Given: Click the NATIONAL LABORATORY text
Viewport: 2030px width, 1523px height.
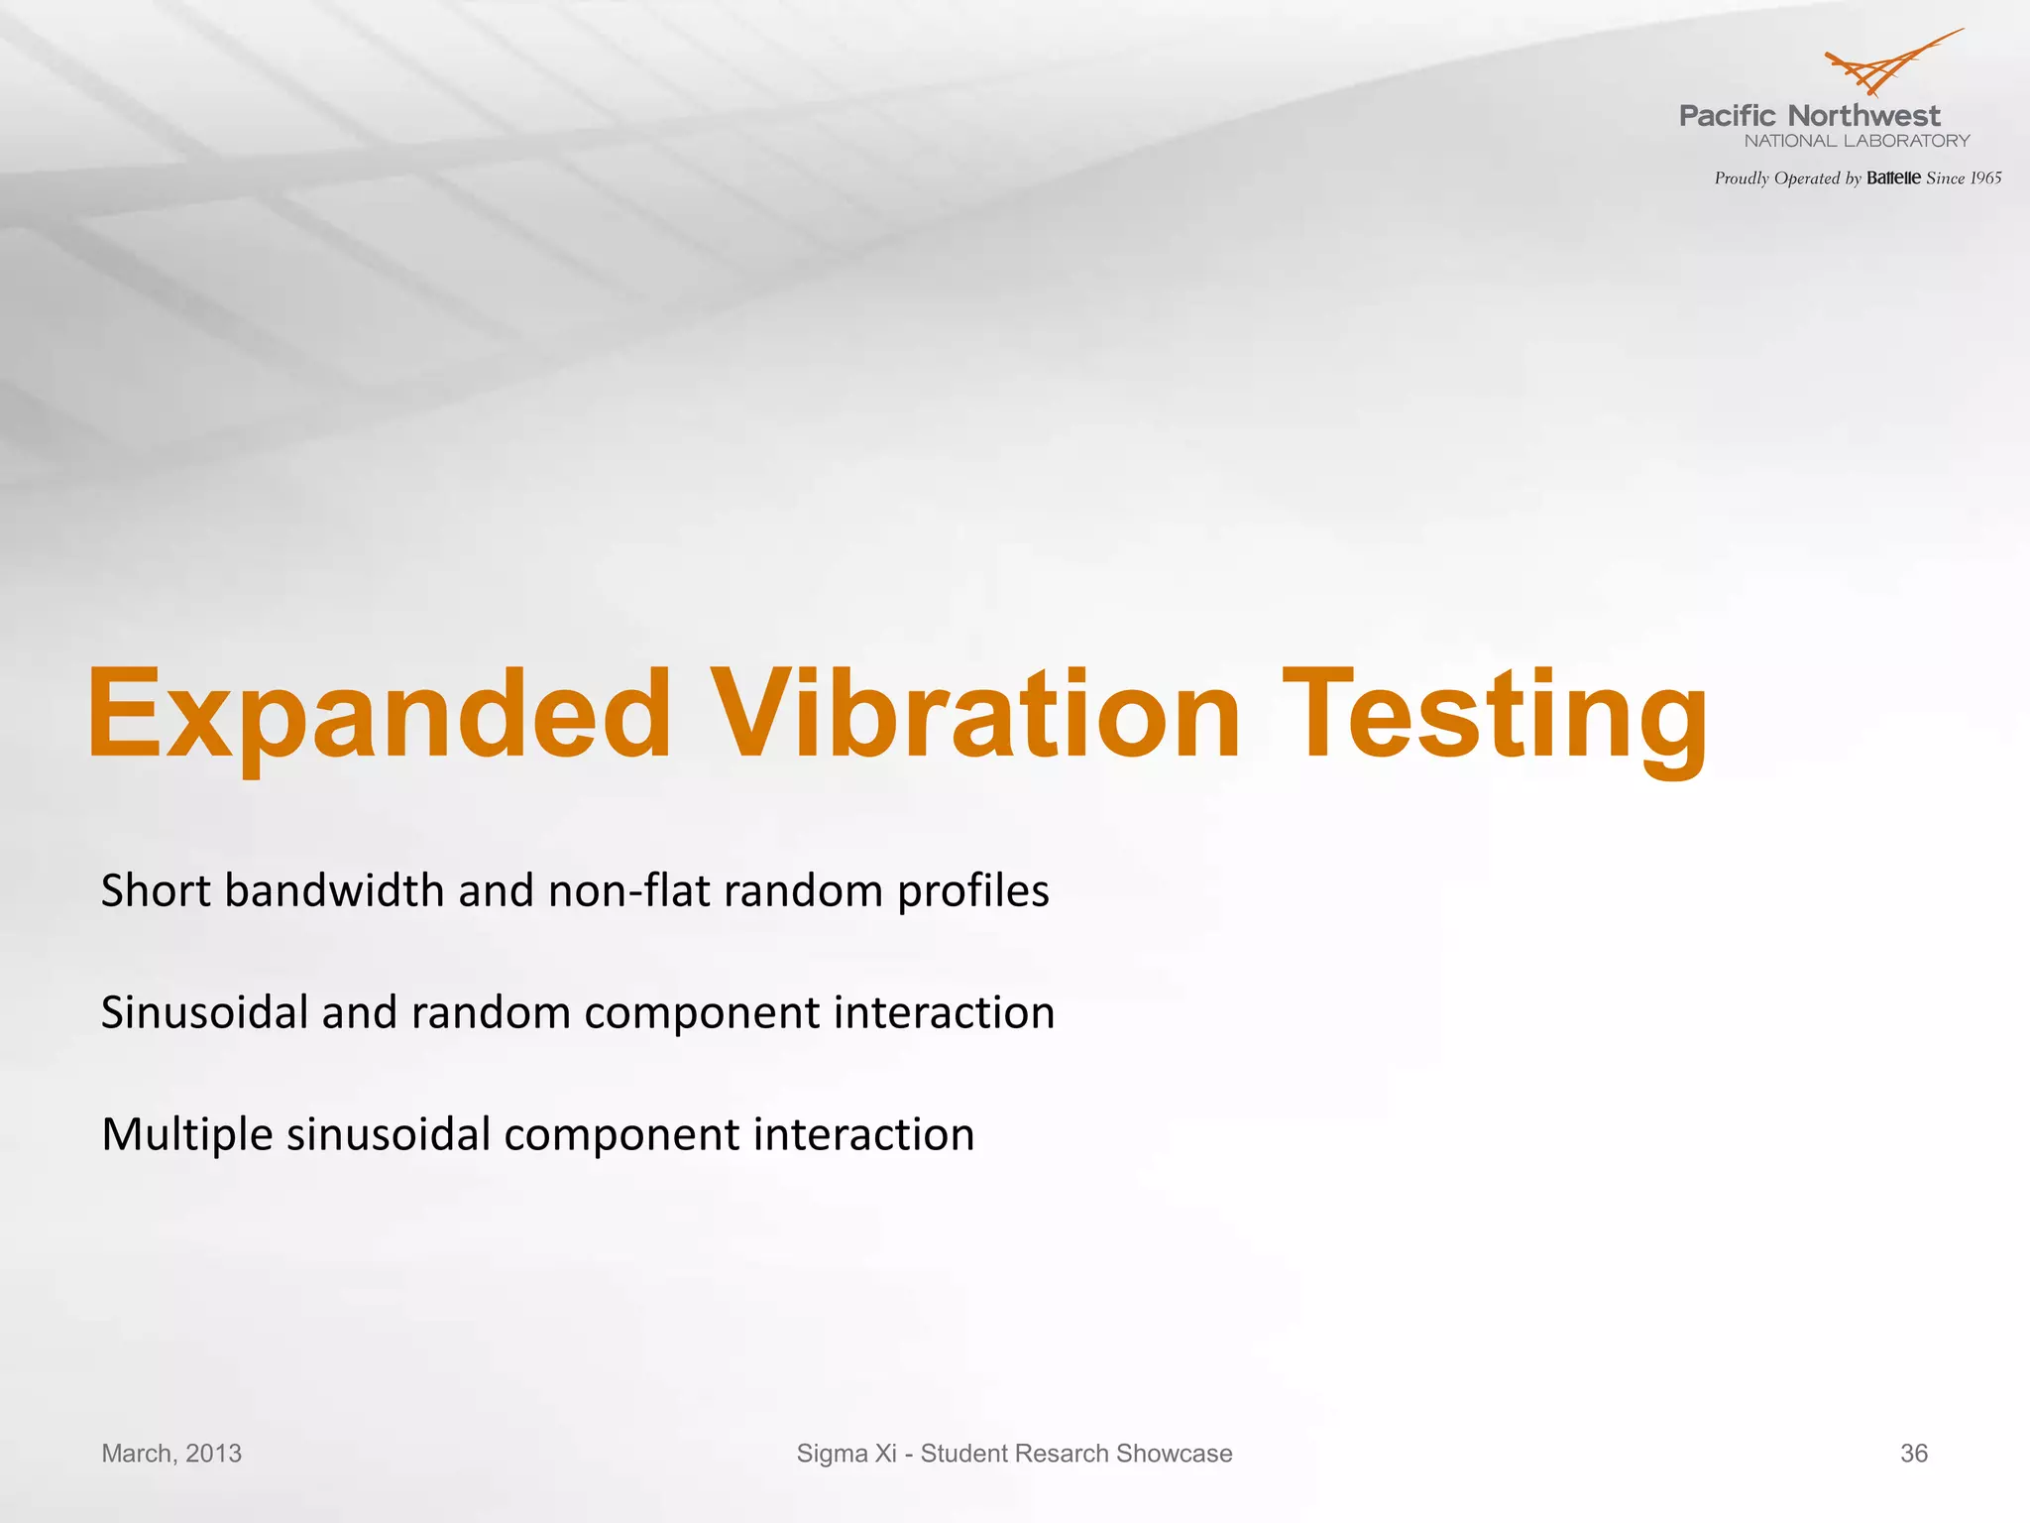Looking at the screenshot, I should click(1857, 141).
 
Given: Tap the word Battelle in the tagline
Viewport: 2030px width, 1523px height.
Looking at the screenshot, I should click(1893, 178).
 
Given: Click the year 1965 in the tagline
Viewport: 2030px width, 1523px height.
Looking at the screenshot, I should click(1985, 178).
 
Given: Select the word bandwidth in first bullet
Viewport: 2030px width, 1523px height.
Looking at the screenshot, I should click(334, 891).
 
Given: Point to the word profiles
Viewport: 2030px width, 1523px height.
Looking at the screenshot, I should click(972, 891).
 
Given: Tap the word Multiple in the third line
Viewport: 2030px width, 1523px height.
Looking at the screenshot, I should click(186, 1135).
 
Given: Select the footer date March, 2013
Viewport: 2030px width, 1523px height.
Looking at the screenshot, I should click(171, 1454).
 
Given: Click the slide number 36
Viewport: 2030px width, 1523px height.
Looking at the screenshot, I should click(1913, 1454).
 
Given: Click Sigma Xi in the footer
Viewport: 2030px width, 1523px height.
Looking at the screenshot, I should click(846, 1454).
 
